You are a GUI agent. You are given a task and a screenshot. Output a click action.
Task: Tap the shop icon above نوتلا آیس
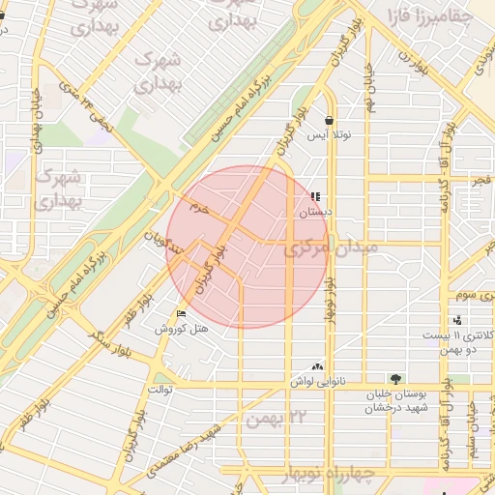click(x=331, y=121)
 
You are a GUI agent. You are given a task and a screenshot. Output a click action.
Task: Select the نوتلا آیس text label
click(x=329, y=135)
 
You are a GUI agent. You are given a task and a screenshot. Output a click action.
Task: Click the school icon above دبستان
click(x=315, y=196)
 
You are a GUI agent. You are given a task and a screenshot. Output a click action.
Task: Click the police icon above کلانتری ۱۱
click(x=457, y=320)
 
